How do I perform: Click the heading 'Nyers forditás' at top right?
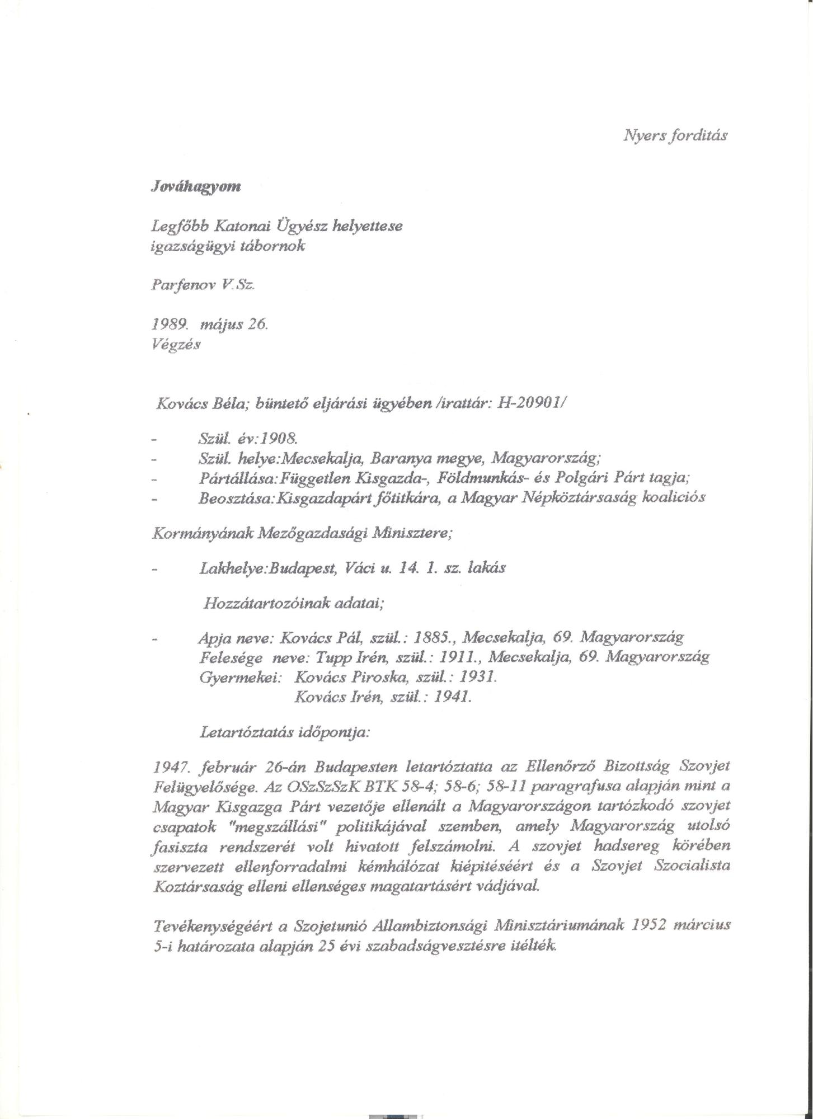[x=675, y=135]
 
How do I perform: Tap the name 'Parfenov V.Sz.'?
[x=203, y=284]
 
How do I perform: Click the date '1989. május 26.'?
[x=210, y=324]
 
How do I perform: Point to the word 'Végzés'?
[x=176, y=345]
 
